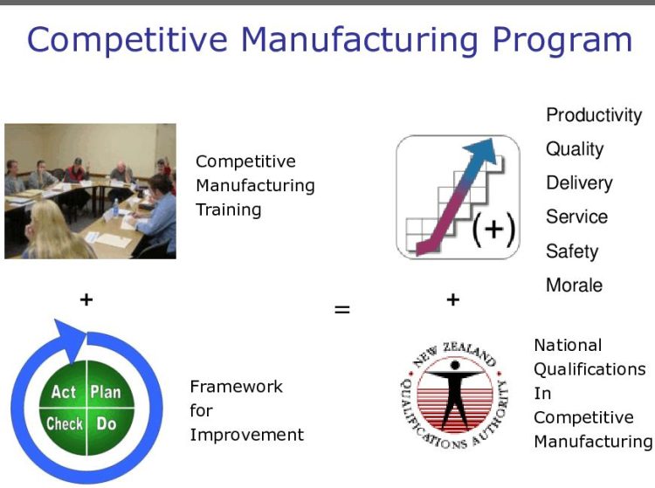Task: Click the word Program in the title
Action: click(557, 40)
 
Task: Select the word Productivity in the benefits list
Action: click(593, 115)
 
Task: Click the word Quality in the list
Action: click(574, 149)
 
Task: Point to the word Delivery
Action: click(578, 183)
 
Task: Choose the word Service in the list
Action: click(576, 217)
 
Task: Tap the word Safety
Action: click(572, 251)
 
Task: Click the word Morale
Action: click(574, 285)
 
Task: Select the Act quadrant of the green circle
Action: click(64, 392)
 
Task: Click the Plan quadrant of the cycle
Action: click(105, 392)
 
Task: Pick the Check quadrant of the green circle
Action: click(64, 424)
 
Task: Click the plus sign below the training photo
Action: click(86, 299)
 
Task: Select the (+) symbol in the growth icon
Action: click(493, 230)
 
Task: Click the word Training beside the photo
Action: click(228, 210)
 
